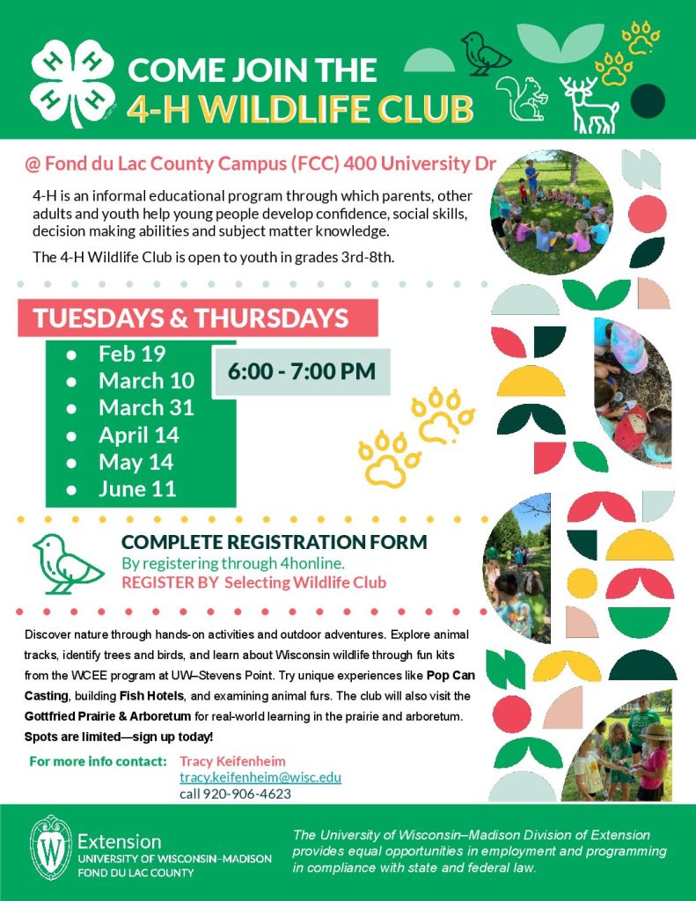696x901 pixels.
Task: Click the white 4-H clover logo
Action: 72,84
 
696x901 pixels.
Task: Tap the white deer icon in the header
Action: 589,105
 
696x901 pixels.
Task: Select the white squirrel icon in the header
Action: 521,99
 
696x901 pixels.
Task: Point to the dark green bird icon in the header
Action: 485,54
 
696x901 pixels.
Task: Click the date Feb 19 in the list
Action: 132,354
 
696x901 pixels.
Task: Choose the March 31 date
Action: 147,408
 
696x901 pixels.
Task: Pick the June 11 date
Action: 136,489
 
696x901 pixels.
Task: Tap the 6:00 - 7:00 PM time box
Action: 302,371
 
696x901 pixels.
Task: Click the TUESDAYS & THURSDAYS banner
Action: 198,318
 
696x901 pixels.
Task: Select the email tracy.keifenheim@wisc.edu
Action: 260,778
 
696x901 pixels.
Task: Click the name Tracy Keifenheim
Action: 232,761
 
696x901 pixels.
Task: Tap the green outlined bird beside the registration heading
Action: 68,564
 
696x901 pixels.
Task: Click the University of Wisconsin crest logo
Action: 50,847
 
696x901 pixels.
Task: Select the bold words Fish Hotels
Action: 151,697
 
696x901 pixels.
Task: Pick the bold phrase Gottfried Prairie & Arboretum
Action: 107,716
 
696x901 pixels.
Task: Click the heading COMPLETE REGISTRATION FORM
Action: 275,542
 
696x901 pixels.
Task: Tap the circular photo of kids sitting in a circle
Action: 551,212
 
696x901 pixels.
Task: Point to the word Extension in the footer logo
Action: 120,842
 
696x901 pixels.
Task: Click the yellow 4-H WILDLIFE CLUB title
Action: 300,108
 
